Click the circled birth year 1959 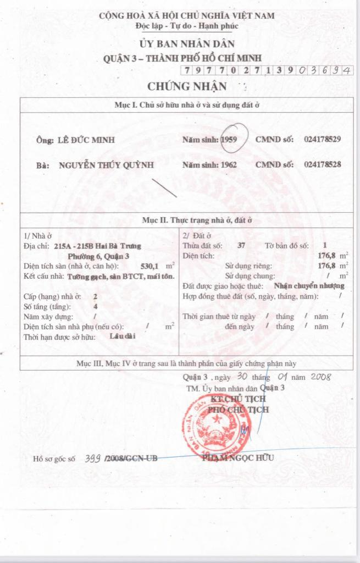click(x=229, y=140)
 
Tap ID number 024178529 click(x=322, y=140)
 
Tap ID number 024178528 click(x=322, y=164)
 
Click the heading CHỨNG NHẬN click(x=187, y=86)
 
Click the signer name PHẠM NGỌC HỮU click(x=237, y=457)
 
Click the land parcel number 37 click(x=242, y=245)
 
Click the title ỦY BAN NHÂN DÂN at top click(x=187, y=43)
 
